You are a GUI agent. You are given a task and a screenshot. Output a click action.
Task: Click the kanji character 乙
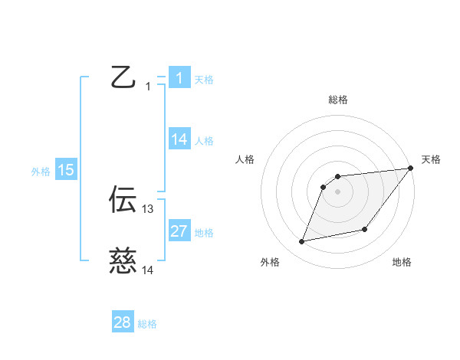point(123,77)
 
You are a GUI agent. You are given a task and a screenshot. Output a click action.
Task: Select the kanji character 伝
point(123,199)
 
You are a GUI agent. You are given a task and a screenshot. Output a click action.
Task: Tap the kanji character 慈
point(123,260)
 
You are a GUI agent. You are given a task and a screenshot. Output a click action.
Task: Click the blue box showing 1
point(179,78)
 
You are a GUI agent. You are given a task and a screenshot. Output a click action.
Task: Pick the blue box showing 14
point(179,139)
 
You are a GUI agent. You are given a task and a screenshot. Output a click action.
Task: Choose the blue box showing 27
point(179,231)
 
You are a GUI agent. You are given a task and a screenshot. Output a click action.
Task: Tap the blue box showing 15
point(66,170)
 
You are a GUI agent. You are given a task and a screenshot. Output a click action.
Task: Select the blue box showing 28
point(123,322)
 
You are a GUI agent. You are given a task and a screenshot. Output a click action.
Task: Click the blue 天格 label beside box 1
point(204,79)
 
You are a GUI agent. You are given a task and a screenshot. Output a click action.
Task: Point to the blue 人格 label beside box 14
point(204,140)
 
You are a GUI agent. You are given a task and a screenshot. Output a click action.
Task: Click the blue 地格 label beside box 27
point(204,232)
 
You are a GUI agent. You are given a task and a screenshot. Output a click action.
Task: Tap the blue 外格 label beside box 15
point(41,172)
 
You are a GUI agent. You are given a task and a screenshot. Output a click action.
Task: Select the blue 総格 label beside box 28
point(147,324)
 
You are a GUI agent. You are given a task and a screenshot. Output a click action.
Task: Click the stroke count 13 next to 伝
point(148,208)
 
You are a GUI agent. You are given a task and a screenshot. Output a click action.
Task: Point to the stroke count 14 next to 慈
point(148,270)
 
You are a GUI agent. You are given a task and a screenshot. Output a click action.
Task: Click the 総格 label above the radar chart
point(338,100)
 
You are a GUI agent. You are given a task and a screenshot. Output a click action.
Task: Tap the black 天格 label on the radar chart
point(431,159)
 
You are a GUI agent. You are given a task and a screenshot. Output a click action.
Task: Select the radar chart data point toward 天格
point(410,169)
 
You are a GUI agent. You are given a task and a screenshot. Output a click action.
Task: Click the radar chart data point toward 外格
point(302,242)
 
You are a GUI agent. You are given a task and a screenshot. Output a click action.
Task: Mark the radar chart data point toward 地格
point(365,230)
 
